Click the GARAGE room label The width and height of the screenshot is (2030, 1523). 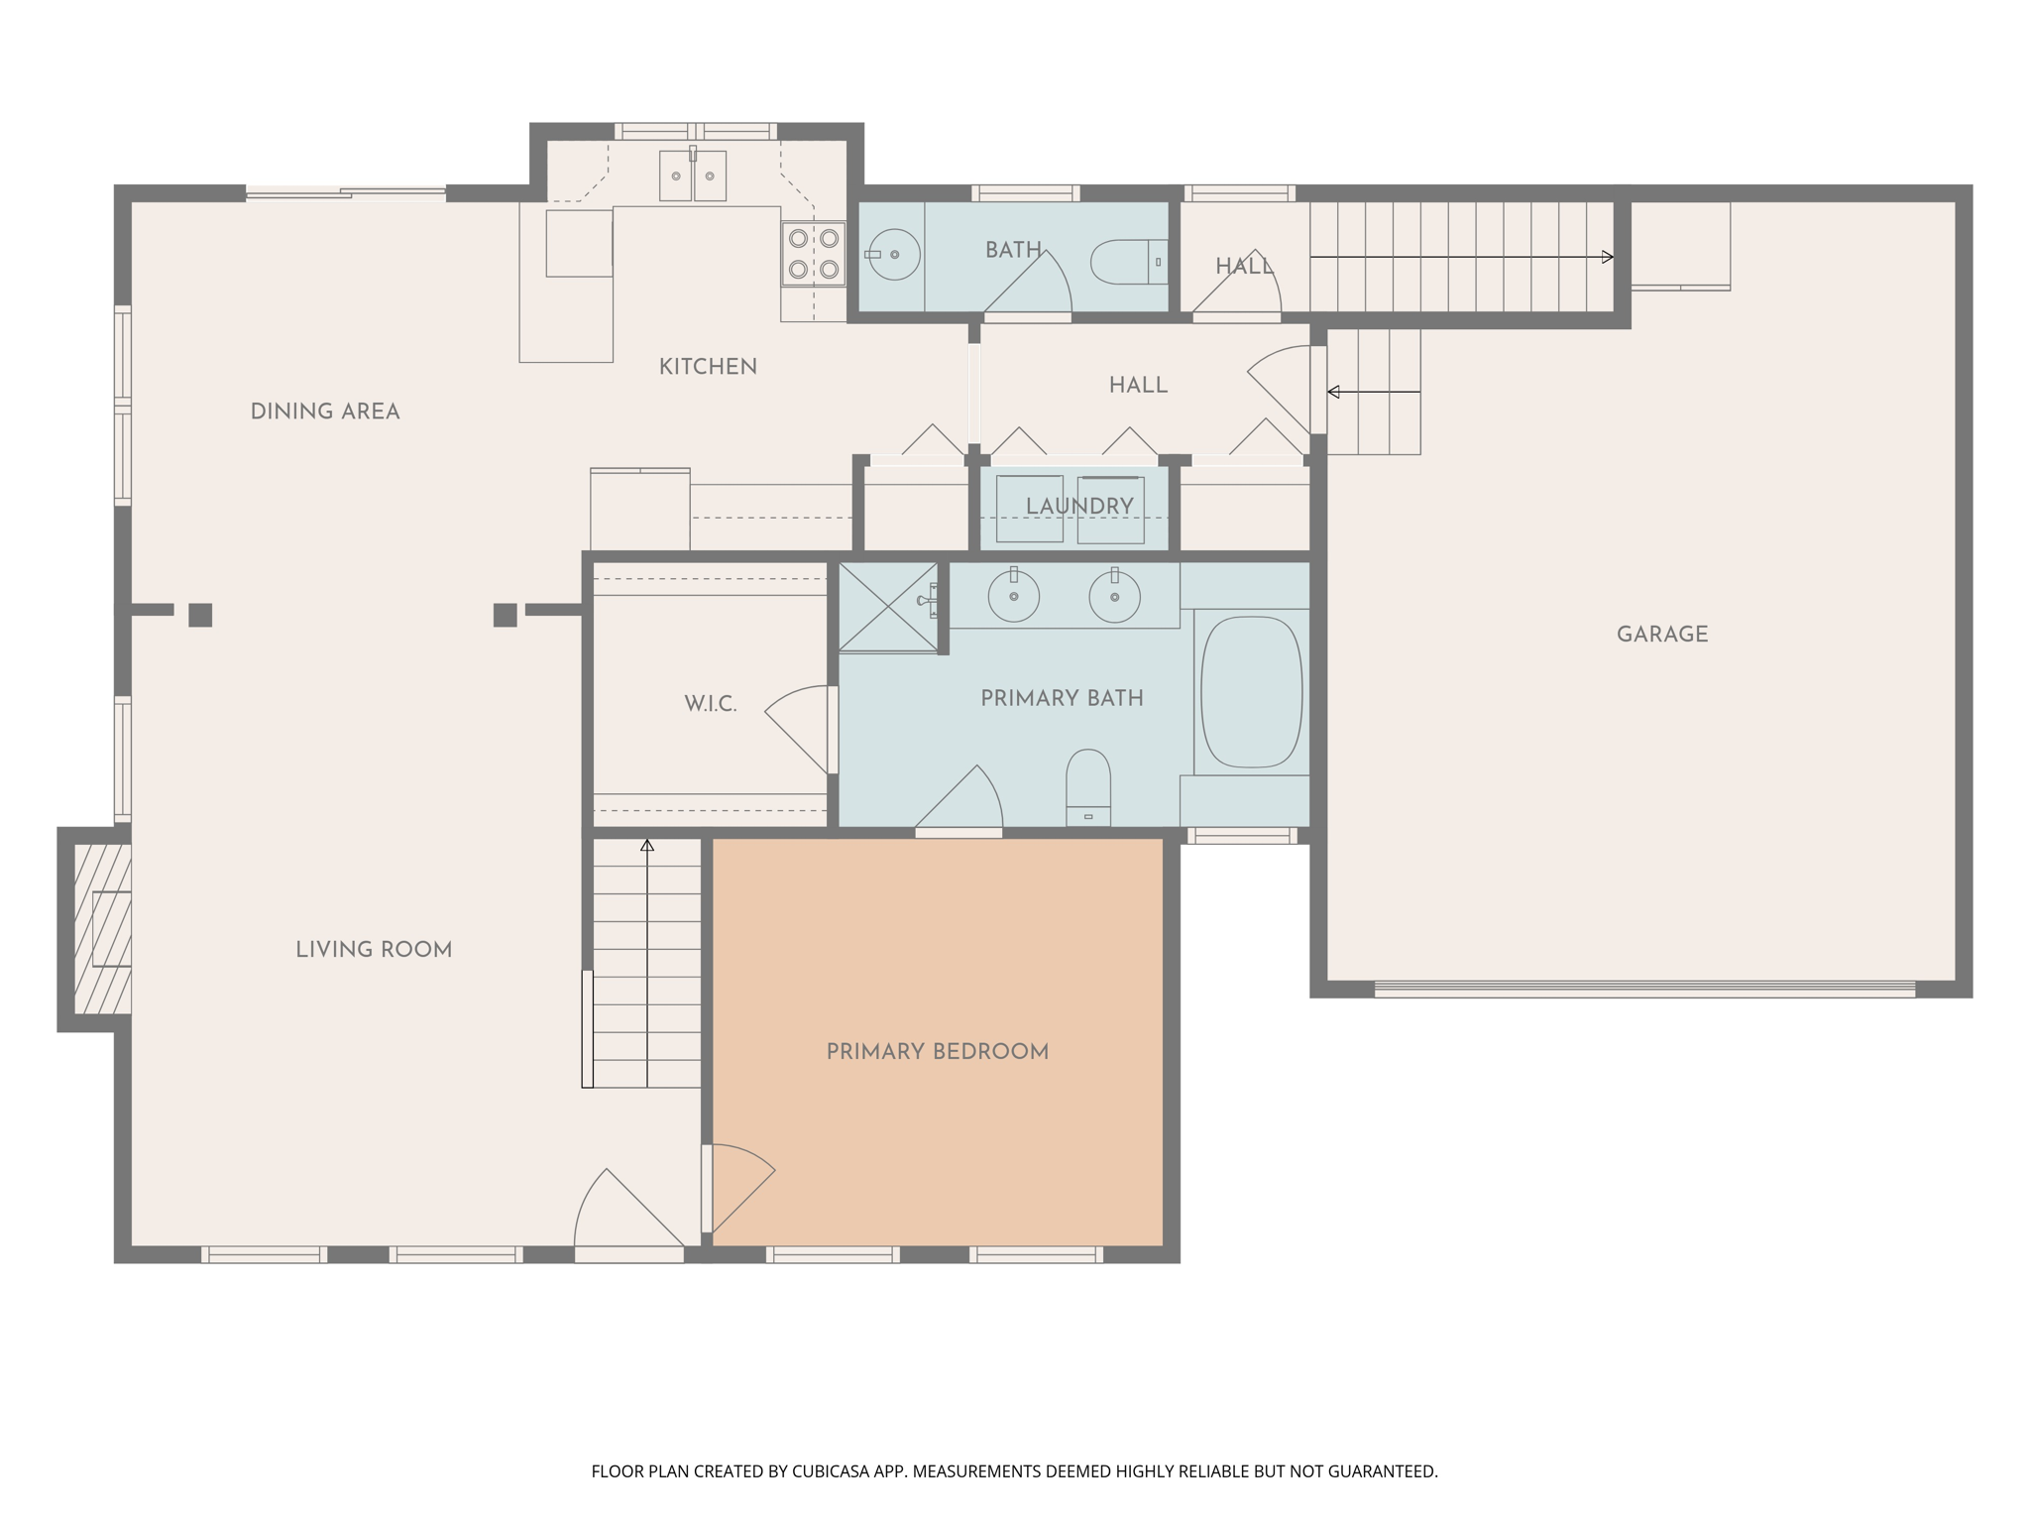(x=1661, y=635)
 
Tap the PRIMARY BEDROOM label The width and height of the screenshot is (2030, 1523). (x=937, y=1052)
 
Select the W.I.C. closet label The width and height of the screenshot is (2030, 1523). (x=710, y=704)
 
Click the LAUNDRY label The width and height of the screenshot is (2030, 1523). (x=1078, y=507)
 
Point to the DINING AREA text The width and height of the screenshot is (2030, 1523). (x=324, y=411)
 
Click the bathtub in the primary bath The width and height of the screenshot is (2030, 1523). (x=1251, y=692)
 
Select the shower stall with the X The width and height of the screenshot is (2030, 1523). (x=888, y=607)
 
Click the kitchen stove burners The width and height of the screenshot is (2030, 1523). (x=813, y=254)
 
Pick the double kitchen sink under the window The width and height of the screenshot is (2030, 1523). (x=693, y=176)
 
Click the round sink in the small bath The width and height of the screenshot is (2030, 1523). (x=894, y=255)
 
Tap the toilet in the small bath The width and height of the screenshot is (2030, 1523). (x=1125, y=262)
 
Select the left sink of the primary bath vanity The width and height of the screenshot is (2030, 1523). (x=1013, y=597)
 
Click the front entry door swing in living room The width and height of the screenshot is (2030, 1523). (x=624, y=1215)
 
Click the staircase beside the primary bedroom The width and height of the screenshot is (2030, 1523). (x=646, y=962)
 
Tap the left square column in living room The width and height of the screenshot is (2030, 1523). (x=200, y=615)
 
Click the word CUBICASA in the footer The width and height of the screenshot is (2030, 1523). (x=830, y=1471)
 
